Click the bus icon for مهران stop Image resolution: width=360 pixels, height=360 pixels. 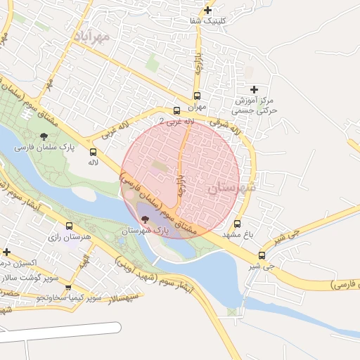[197, 96]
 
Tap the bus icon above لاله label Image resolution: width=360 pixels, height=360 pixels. [93, 152]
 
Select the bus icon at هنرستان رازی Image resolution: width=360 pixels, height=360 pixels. [69, 226]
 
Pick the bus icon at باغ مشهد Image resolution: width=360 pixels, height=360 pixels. [236, 224]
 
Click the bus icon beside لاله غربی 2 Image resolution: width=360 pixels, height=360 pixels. [176, 110]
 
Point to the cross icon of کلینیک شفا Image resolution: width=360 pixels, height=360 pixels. [207, 10]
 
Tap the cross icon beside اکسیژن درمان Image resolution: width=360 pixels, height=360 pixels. [6, 252]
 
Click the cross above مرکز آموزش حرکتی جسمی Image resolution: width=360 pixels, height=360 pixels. [254, 89]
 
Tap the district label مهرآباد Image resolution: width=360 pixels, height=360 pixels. [91, 34]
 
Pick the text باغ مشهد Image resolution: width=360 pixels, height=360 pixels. [229, 233]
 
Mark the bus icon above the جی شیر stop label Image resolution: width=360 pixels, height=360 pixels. [262, 256]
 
